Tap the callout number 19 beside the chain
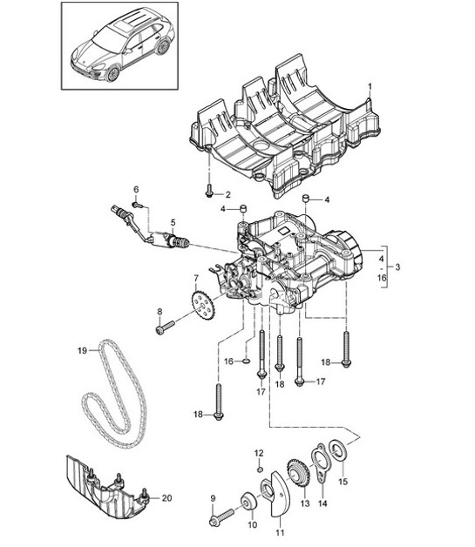pos(80,351)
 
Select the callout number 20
pos(167,497)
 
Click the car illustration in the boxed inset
pos(121,44)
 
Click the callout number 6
pos(136,189)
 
